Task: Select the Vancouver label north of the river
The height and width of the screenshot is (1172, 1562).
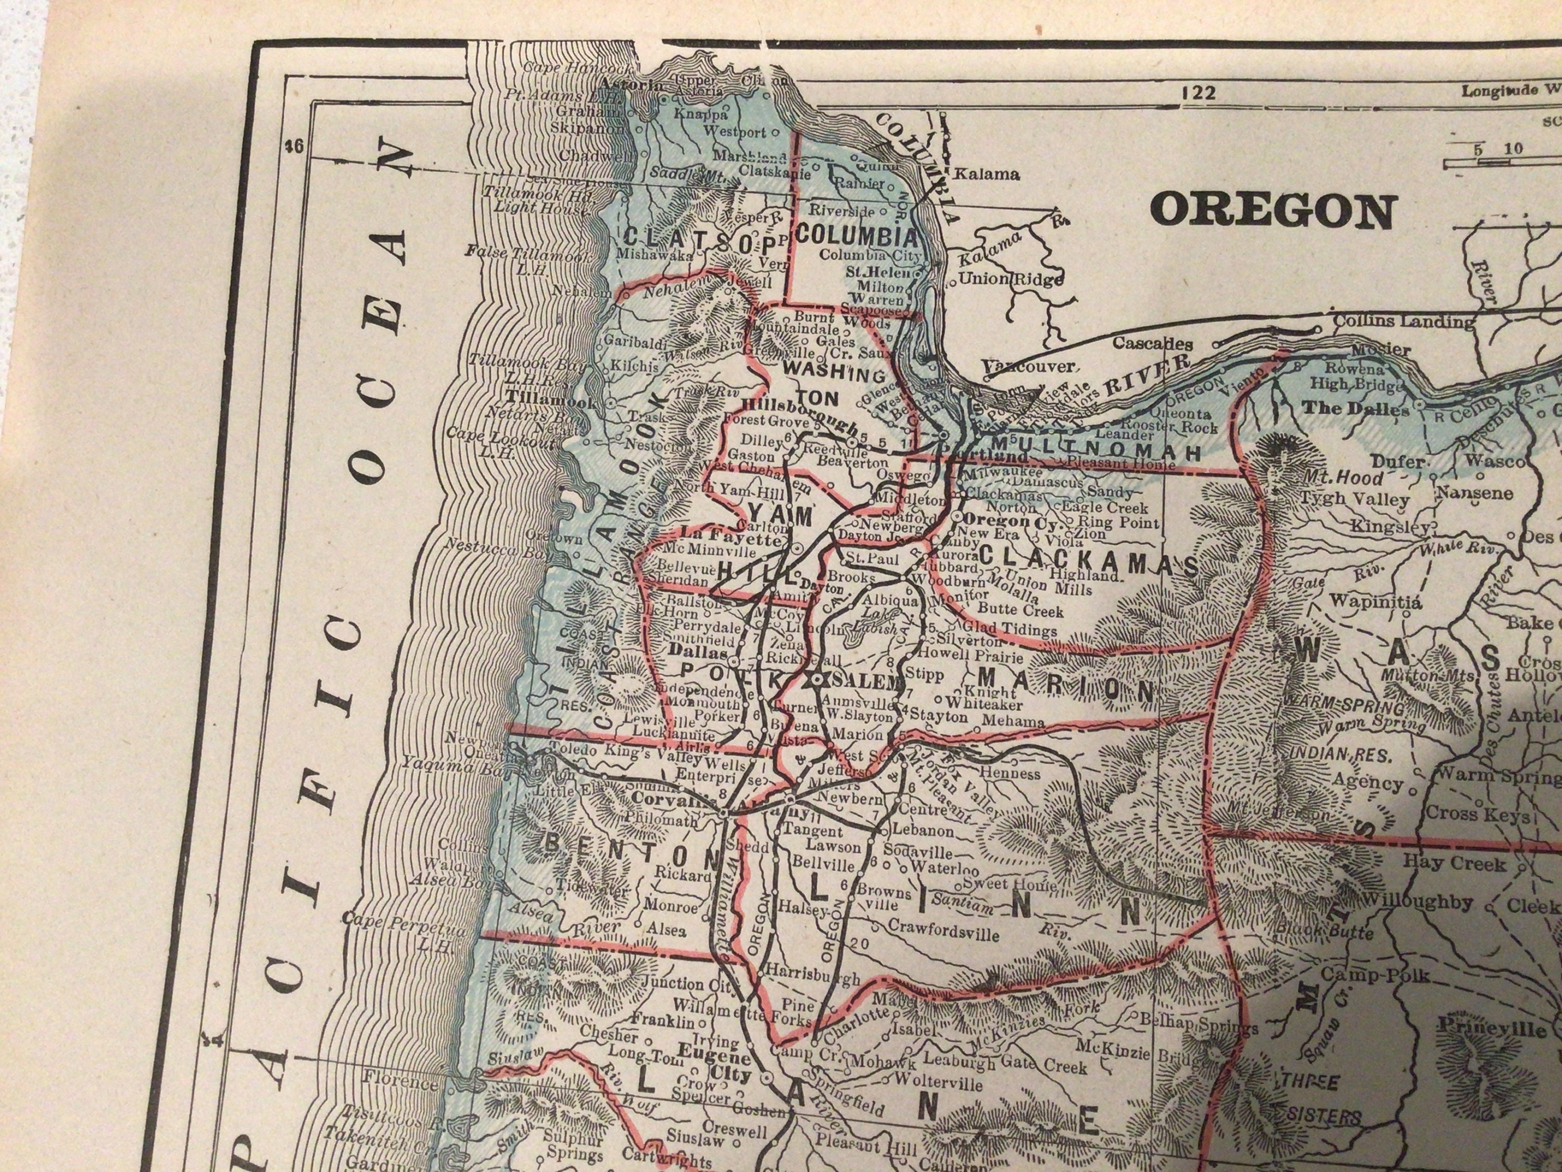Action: coord(1029,366)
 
